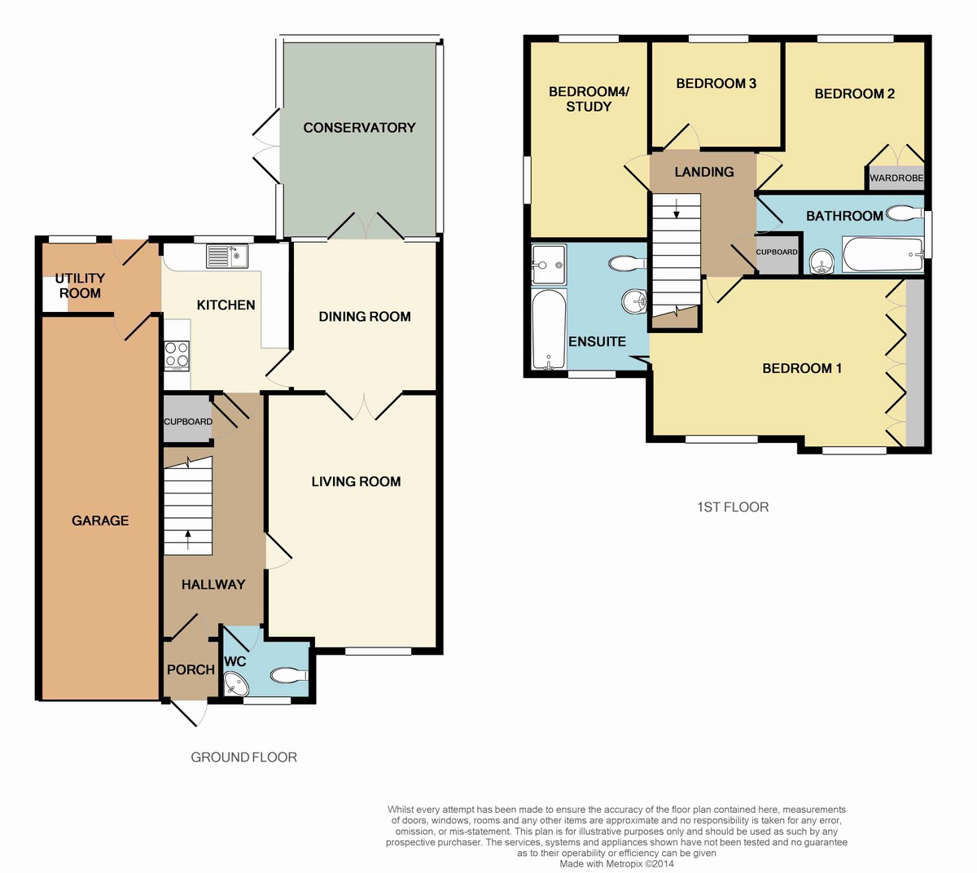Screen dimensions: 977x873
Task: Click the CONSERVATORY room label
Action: [x=359, y=128]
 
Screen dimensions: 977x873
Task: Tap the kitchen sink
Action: [x=226, y=256]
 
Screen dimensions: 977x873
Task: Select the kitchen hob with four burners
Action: [x=177, y=355]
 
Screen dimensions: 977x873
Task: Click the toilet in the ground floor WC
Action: [x=289, y=675]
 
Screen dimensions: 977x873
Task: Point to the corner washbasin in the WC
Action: [x=234, y=683]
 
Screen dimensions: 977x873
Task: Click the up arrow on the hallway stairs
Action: [x=187, y=540]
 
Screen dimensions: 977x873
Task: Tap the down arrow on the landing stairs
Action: [x=677, y=208]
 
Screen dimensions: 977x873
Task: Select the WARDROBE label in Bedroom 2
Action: [x=896, y=178]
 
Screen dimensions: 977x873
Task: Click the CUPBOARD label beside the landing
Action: [x=777, y=252]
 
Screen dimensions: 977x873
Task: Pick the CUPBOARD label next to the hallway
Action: [x=187, y=422]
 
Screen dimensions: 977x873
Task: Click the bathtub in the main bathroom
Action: [x=883, y=254]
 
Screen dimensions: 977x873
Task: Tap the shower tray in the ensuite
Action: [x=548, y=265]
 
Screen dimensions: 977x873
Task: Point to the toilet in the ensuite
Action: [x=627, y=263]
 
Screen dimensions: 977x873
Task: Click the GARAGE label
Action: [x=100, y=520]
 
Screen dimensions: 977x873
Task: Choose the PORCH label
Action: [x=191, y=669]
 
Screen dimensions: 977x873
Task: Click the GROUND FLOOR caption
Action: [x=243, y=757]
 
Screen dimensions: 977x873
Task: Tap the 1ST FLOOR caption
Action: [x=733, y=507]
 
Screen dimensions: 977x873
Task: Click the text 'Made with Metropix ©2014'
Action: [x=616, y=864]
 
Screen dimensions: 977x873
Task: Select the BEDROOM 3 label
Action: [x=716, y=83]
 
